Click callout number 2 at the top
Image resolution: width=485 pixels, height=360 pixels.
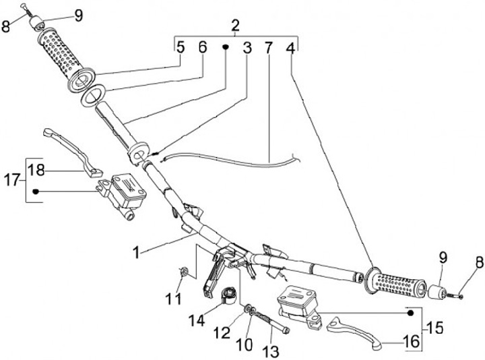(235, 26)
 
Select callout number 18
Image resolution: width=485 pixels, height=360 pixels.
(38, 171)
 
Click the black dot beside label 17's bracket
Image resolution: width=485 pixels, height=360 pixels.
(36, 191)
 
